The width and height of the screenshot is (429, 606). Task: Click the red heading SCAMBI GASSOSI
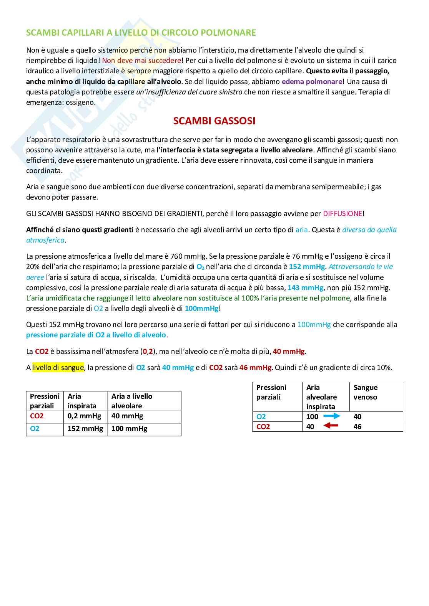tap(214, 121)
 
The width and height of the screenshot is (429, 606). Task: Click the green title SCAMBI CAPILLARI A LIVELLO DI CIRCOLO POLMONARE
tap(141, 33)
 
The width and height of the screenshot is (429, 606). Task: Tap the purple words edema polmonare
tap(312, 81)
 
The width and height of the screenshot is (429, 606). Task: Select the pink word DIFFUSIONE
tap(343, 213)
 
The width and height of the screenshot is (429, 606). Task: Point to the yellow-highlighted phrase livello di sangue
tap(58, 367)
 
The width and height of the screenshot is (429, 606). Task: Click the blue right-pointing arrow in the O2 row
tap(331, 416)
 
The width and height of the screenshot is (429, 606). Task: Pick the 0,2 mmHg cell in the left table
tap(85, 416)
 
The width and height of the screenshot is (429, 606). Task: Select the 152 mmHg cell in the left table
tap(85, 428)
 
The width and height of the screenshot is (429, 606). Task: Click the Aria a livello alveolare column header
tap(132, 401)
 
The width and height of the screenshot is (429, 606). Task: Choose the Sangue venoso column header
tap(365, 392)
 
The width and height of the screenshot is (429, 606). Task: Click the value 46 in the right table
tap(357, 426)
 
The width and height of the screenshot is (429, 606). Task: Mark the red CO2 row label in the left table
tap(37, 416)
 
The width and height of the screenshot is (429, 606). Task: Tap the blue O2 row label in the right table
tap(261, 416)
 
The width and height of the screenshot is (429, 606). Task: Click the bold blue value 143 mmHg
tap(306, 287)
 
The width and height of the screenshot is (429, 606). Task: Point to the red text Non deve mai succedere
tap(141, 60)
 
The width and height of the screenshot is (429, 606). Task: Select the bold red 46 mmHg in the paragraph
tap(255, 367)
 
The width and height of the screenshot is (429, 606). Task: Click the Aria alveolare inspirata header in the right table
tap(321, 397)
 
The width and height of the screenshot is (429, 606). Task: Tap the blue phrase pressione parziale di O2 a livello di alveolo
tap(96, 335)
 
